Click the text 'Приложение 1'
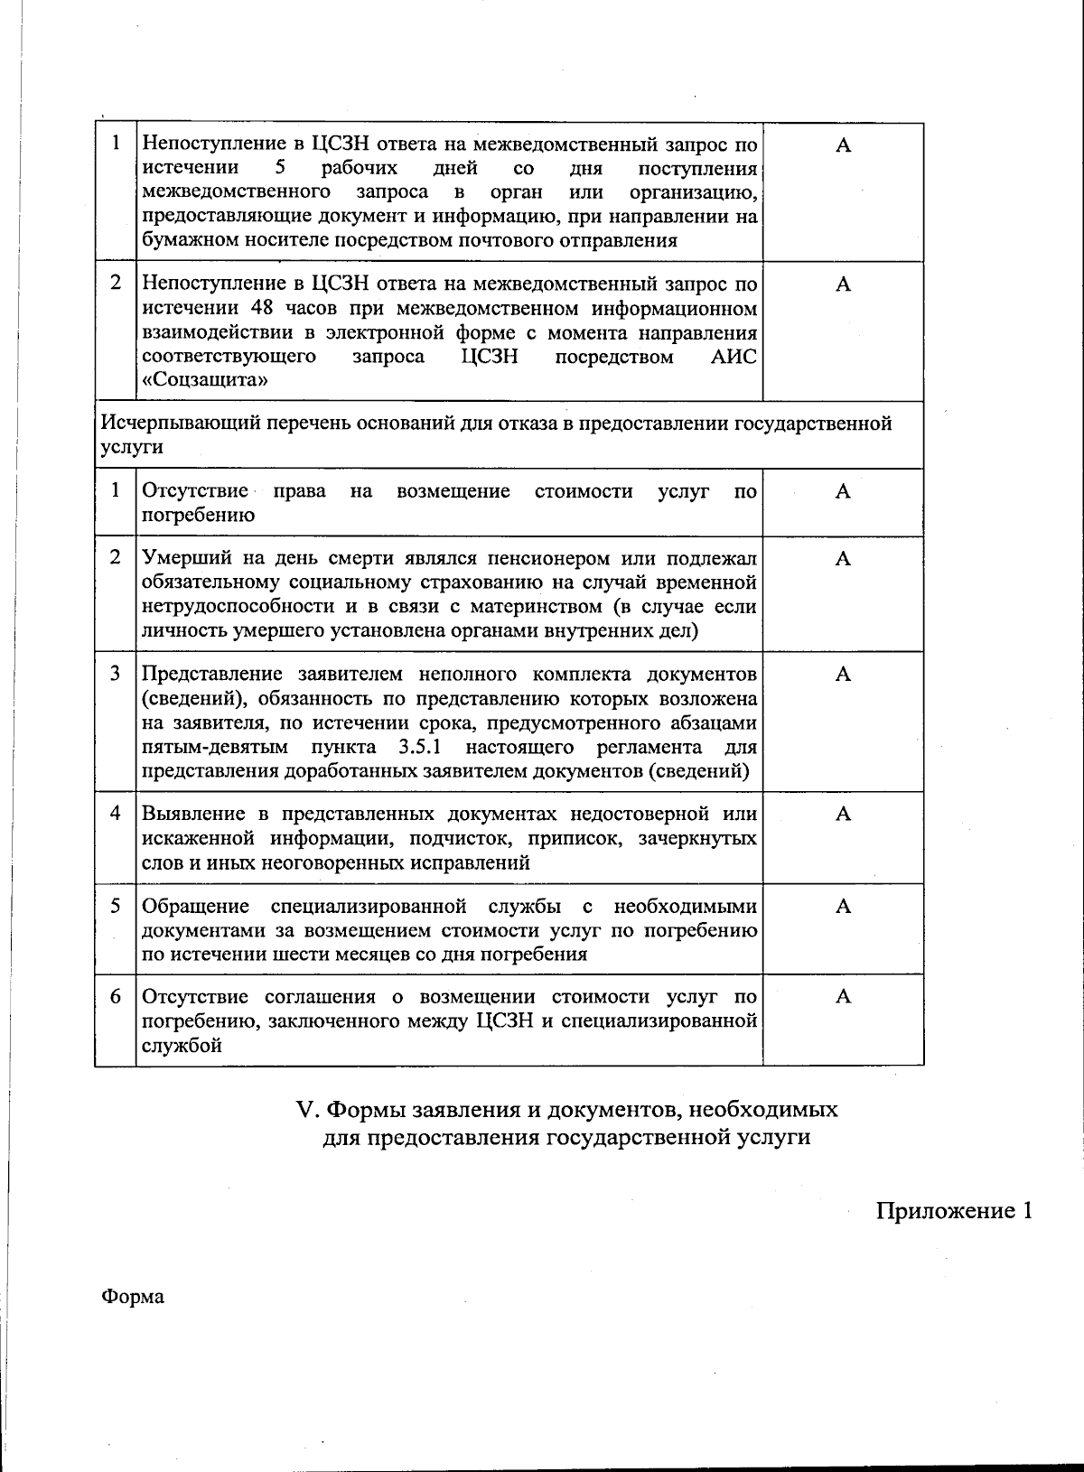coord(953,1211)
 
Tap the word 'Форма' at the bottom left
coord(133,1298)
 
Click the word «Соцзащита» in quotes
coord(205,380)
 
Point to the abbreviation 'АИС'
coord(734,357)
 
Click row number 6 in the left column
coord(115,997)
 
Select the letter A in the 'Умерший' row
coord(843,559)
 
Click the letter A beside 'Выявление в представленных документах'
coord(843,815)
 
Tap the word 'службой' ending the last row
coord(182,1046)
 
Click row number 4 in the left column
coord(115,813)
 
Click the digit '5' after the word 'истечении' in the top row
coord(280,168)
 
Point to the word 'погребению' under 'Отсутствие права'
coord(198,516)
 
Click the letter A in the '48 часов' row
coord(843,285)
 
